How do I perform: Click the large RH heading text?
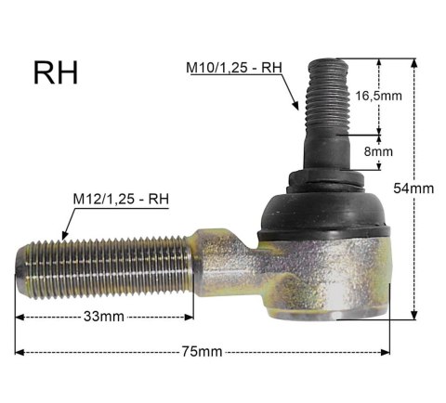coord(56,73)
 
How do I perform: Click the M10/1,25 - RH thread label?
coord(234,68)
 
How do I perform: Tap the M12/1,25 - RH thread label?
coord(121,199)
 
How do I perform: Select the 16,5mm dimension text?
coord(378,96)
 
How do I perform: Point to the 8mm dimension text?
coord(378,151)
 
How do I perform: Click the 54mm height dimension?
coord(413,188)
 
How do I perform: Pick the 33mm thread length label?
coord(104,317)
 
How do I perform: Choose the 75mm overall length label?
coord(202,352)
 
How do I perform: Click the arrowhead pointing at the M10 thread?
coord(295,105)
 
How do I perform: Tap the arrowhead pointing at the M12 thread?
coord(64,236)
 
